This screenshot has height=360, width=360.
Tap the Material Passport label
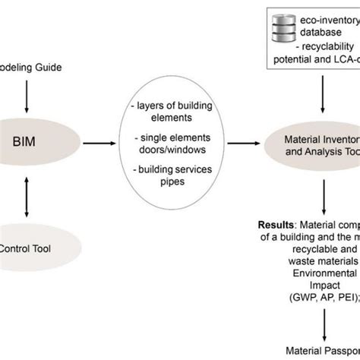pyautogui.click(x=323, y=351)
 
